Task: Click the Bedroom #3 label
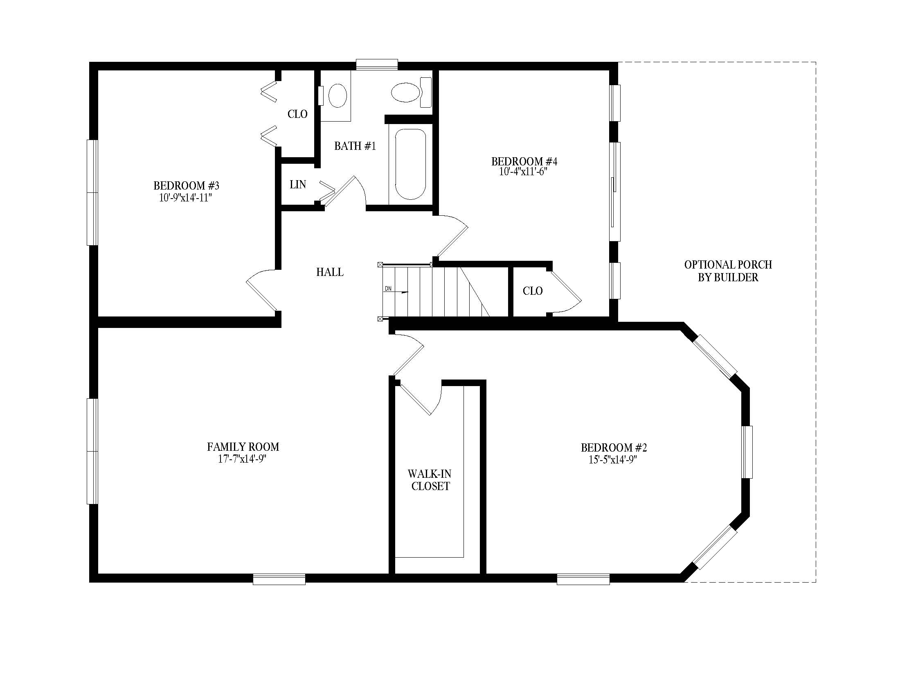[x=186, y=185]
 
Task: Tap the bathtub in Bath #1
[x=410, y=165]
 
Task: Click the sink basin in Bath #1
[x=337, y=96]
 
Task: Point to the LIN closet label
[x=297, y=185]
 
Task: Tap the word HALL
[x=330, y=272]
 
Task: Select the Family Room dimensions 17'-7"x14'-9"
[x=242, y=459]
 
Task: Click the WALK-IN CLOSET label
[x=430, y=480]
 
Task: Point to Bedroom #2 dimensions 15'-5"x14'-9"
[x=613, y=460]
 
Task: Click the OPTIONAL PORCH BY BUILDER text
[x=728, y=271]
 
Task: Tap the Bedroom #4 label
[x=524, y=161]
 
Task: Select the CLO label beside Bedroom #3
[x=297, y=114]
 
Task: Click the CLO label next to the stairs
[x=532, y=291]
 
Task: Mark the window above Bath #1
[x=377, y=65]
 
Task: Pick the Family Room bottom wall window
[x=279, y=579]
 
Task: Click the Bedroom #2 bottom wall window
[x=583, y=579]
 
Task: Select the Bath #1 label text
[x=355, y=146]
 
